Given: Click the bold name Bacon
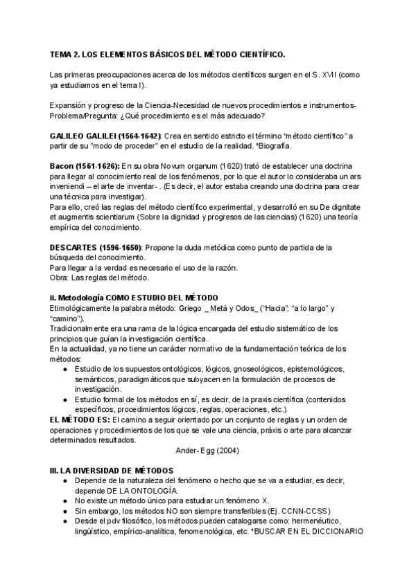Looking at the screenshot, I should (x=62, y=166).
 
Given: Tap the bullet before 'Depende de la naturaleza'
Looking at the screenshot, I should (x=64, y=480).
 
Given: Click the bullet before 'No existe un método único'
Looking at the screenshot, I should (x=64, y=500).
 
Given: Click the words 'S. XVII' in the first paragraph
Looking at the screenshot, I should (x=324, y=74).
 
